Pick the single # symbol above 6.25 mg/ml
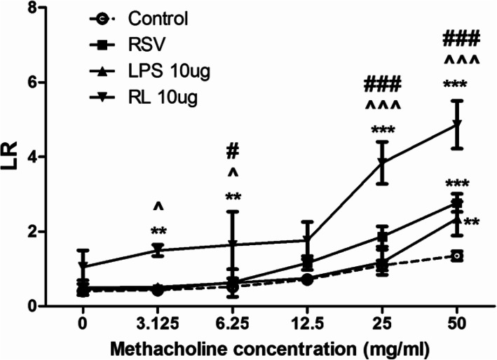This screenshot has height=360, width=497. click(233, 151)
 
